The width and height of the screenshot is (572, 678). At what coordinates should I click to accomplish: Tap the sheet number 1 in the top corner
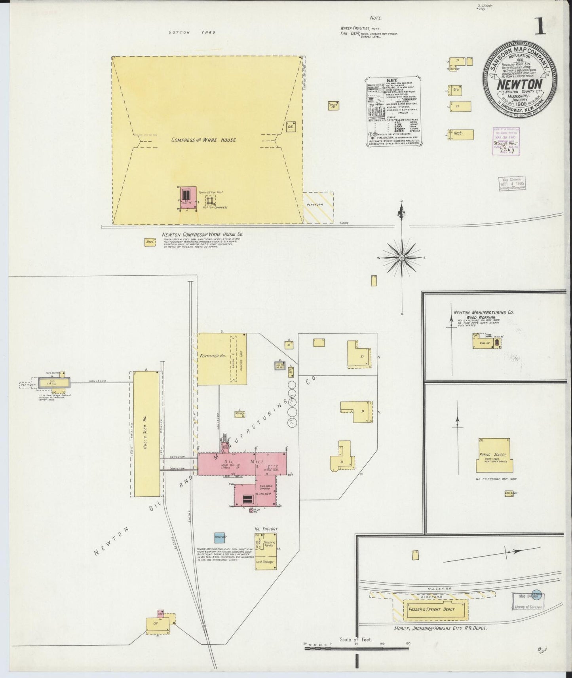[x=541, y=27]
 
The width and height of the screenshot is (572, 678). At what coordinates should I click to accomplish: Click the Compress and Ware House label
[x=203, y=140]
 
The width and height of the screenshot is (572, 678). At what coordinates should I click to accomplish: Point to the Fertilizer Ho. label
[x=213, y=356]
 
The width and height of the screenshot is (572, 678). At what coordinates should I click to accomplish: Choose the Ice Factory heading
[x=266, y=528]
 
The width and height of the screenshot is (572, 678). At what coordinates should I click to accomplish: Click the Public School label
[x=492, y=455]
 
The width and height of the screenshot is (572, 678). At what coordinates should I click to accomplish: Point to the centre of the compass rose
[x=402, y=258]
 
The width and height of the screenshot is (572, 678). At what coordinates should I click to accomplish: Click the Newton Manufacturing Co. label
[x=484, y=312]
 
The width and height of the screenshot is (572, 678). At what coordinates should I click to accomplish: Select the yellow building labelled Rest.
[x=461, y=134]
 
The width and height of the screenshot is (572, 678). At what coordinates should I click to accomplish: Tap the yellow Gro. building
[x=456, y=90]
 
